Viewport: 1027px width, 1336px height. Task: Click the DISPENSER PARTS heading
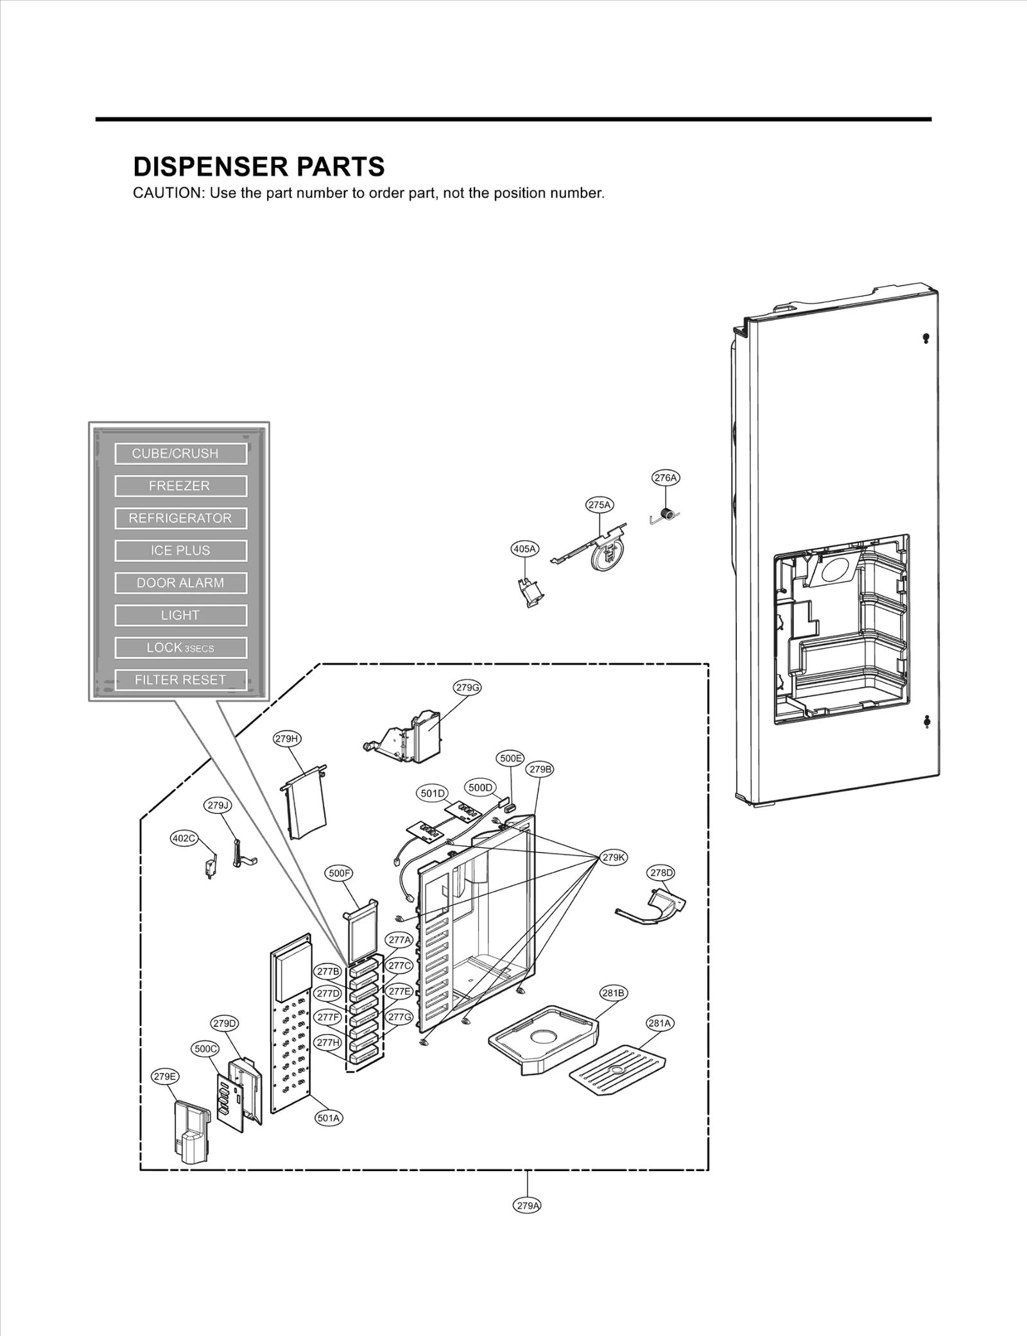[x=259, y=167]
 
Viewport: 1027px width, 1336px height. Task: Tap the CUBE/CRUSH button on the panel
[x=180, y=453]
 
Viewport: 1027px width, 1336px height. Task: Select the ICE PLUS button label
[x=180, y=550]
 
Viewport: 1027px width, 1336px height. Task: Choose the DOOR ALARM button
[x=180, y=583]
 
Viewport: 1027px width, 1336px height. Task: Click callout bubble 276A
[x=665, y=478]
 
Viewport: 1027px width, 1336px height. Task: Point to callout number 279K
[x=614, y=858]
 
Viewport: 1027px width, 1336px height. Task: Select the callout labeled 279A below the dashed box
[x=528, y=1205]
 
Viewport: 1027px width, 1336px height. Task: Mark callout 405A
[x=524, y=548]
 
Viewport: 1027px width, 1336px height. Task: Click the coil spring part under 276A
[x=668, y=514]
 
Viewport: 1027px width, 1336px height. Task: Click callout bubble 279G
[x=467, y=688]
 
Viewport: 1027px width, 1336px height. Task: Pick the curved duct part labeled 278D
[x=661, y=906]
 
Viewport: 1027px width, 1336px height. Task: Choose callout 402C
[x=184, y=838]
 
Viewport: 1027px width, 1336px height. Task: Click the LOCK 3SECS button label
[x=180, y=648]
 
